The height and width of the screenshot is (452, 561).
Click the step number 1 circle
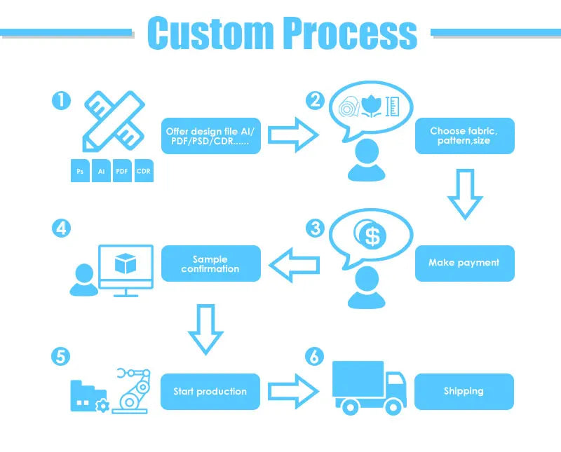(61, 101)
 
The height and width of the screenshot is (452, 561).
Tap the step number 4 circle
(61, 228)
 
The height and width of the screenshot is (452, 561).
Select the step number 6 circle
(316, 357)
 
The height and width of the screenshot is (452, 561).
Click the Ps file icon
(81, 171)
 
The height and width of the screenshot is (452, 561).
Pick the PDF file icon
(122, 171)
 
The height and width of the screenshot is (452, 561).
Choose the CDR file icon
(143, 171)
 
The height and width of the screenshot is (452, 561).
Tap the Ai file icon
(102, 171)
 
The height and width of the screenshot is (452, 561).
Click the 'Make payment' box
(464, 263)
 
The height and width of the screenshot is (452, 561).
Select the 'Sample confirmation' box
(210, 263)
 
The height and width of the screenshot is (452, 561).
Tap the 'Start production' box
(210, 391)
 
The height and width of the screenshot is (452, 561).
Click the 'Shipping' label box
(464, 391)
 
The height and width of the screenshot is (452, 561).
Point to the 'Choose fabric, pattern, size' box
(464, 135)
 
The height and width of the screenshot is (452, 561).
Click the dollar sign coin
(372, 236)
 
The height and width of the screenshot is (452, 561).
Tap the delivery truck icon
(369, 387)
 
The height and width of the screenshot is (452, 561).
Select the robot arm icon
(135, 389)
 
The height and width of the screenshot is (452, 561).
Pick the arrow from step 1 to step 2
(292, 135)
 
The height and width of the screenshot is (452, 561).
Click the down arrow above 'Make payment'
(464, 193)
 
